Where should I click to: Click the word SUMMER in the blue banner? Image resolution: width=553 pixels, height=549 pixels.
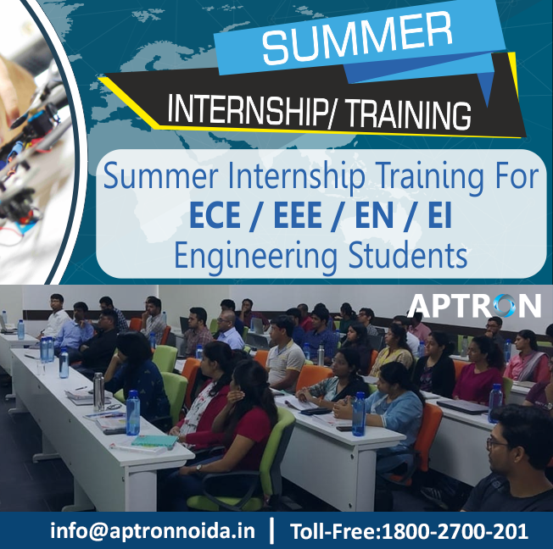coord(356,40)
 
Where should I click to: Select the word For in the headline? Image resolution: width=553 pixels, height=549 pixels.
coord(514,178)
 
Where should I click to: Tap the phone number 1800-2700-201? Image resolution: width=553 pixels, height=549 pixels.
coord(455,531)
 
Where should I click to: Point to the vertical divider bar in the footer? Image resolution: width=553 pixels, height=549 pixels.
coord(271,531)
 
